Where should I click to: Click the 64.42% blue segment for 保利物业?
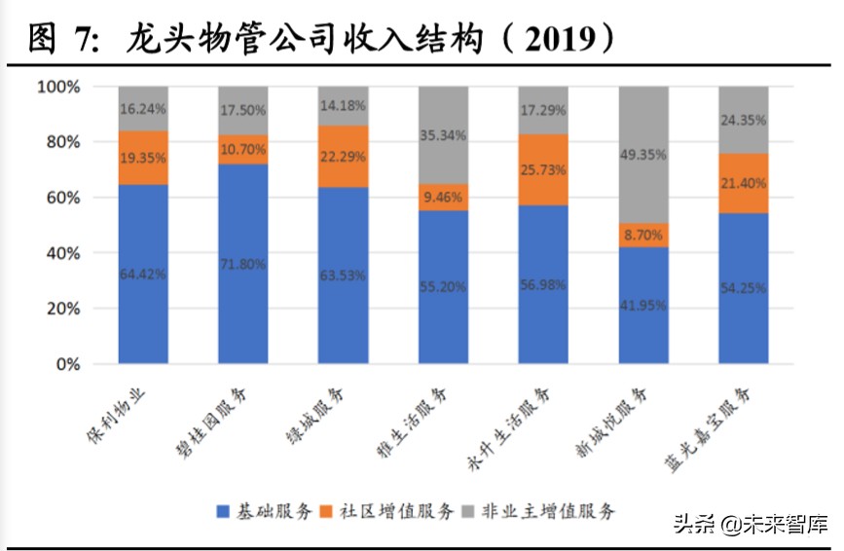143,275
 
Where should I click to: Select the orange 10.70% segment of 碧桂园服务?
242,150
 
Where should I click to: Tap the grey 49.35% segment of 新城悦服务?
643,155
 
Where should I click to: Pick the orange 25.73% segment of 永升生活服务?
543,169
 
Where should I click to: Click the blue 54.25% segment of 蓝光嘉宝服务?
743,288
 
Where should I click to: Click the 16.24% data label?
143,109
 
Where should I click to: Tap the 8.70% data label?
643,235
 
